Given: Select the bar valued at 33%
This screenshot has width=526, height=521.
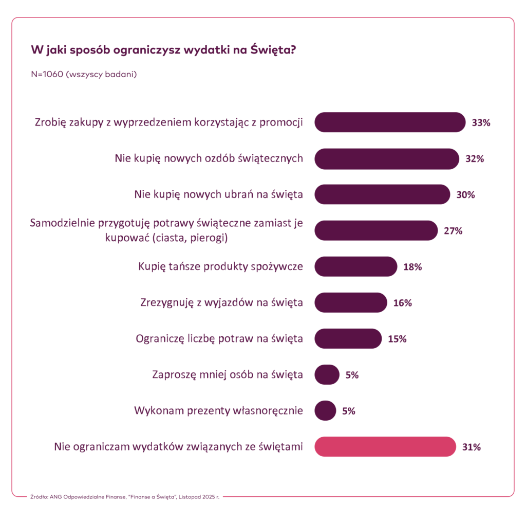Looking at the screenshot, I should point(389,122).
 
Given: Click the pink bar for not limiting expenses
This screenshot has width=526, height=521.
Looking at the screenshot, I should point(385,446).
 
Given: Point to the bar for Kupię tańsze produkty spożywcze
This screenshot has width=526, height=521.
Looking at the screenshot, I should point(355,266).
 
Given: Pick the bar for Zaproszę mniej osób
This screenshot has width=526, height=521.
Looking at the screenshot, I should point(327,374).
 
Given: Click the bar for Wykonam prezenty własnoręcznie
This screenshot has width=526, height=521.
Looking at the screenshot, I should point(325,410).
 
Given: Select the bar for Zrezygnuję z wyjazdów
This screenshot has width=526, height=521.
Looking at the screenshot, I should point(350,302).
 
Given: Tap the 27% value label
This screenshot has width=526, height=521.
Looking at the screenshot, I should point(453,231).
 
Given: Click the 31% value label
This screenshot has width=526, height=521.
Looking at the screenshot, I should point(471,447).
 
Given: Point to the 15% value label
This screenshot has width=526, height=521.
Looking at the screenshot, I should point(397,339).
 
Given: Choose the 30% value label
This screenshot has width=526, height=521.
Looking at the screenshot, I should point(465,195).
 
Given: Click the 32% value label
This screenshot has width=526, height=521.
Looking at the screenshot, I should point(475,159).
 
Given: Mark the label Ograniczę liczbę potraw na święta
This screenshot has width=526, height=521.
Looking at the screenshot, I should point(219,339).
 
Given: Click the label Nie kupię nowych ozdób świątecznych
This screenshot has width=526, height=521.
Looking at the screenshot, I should point(209,158).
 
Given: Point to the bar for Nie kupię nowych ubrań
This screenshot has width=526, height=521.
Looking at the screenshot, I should point(382,194).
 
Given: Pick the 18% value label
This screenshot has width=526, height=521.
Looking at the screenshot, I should point(412,267).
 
